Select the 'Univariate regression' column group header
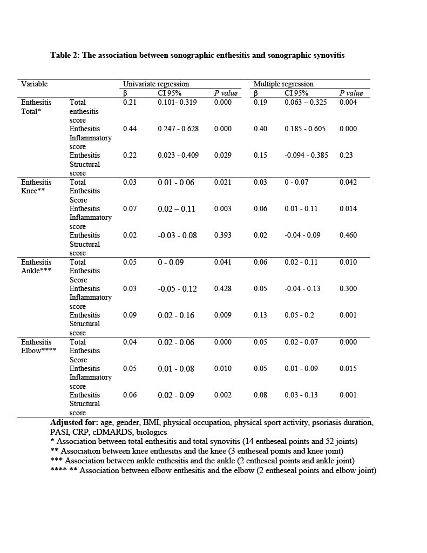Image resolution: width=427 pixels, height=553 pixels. [156, 84]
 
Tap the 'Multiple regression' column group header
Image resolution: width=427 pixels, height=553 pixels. [283, 84]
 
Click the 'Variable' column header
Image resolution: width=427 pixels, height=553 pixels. [35, 84]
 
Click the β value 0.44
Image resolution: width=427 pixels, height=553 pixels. [130, 129]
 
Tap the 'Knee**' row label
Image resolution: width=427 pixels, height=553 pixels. [33, 191]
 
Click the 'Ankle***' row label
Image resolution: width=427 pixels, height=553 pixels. [36, 271]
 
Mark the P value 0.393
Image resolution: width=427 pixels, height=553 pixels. [222, 235]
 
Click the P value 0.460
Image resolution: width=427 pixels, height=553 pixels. [348, 235]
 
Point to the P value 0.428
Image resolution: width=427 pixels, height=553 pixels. [222, 288]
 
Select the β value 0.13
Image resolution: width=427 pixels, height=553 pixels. [260, 315]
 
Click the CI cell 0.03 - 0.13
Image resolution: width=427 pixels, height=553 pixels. [301, 395]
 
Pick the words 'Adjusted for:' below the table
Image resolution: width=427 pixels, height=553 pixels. [74, 422]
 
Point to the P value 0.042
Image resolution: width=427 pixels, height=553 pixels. [348, 182]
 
